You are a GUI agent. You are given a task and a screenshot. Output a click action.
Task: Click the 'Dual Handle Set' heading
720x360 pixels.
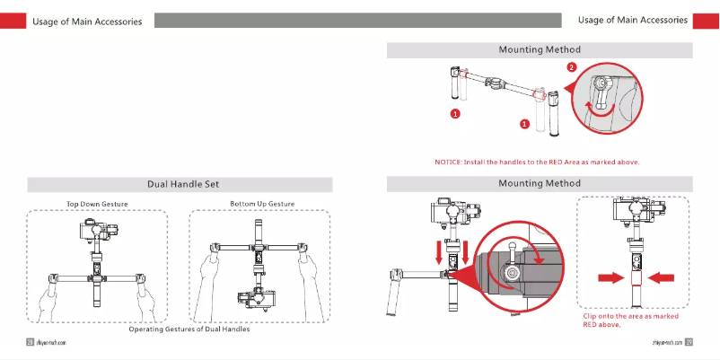click(x=180, y=184)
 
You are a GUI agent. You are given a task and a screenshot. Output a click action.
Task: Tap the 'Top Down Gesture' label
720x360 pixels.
click(x=97, y=205)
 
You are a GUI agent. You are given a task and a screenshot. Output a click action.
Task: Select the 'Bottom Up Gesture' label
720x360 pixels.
click(x=261, y=205)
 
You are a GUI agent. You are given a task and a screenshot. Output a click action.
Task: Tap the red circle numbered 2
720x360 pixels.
click(x=572, y=67)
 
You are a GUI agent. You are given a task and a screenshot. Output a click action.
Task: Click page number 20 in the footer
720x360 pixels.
click(x=689, y=342)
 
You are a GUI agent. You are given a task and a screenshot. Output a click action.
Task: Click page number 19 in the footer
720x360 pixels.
click(x=30, y=342)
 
